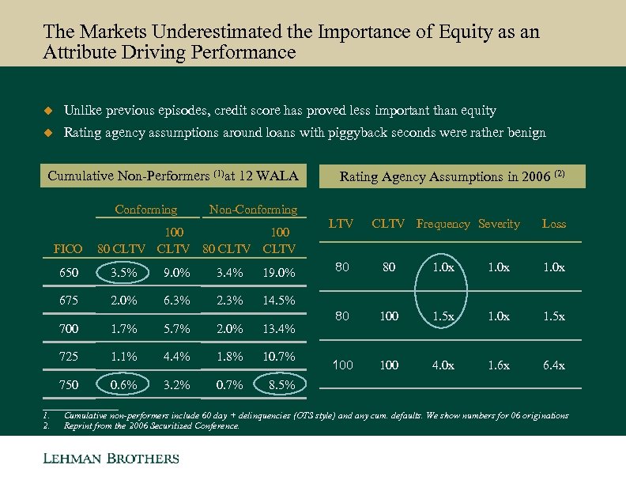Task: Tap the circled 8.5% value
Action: tap(281, 385)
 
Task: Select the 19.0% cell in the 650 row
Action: tap(281, 274)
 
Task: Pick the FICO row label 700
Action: tap(68, 328)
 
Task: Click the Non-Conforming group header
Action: tap(252, 210)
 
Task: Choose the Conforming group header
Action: tap(146, 210)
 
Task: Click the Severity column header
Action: tap(499, 224)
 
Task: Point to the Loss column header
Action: tap(553, 224)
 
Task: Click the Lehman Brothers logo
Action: tap(111, 459)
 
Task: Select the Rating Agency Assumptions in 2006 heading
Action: tap(452, 176)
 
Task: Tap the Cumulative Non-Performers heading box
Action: tap(172, 176)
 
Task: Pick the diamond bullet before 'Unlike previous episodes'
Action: tap(47, 111)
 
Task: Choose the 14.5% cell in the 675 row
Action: tap(281, 301)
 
